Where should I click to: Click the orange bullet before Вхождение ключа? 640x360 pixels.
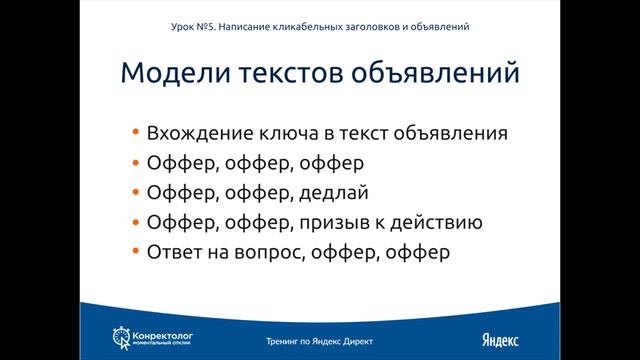(135, 133)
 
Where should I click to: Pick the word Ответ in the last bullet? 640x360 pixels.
(172, 252)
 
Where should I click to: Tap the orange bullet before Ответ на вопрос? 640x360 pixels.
(135, 252)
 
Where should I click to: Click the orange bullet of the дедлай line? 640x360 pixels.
(135, 192)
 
